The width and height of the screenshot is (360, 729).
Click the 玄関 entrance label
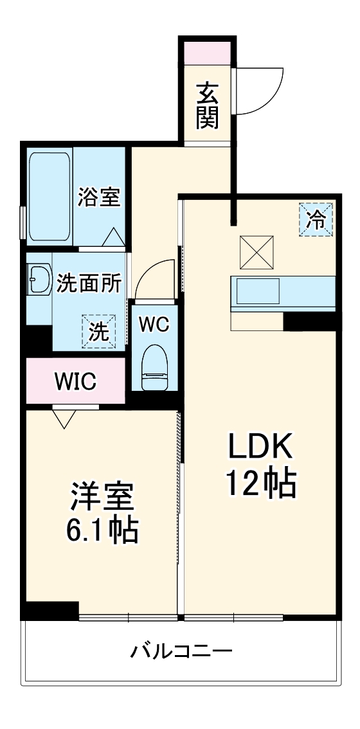coord(207,105)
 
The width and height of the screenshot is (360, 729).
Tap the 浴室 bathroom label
coord(99,197)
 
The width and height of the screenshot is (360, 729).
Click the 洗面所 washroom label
coord(89,283)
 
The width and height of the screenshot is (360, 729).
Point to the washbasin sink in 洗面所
coord(39,280)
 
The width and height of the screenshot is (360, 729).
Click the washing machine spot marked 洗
coord(98,332)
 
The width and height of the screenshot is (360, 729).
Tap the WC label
coord(154,325)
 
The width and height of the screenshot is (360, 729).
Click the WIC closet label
coord(75,381)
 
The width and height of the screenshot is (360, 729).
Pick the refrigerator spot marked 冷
coord(316,219)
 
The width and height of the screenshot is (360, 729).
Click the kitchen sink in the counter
coord(258,291)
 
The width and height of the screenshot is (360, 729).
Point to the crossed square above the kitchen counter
coord(256,253)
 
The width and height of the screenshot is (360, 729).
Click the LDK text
coord(260,447)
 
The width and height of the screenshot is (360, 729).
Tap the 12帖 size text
coord(261,483)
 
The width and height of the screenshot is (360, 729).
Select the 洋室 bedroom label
coord(103,498)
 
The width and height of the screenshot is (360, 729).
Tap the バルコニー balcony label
coord(181,651)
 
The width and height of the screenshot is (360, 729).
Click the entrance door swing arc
coord(274,100)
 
